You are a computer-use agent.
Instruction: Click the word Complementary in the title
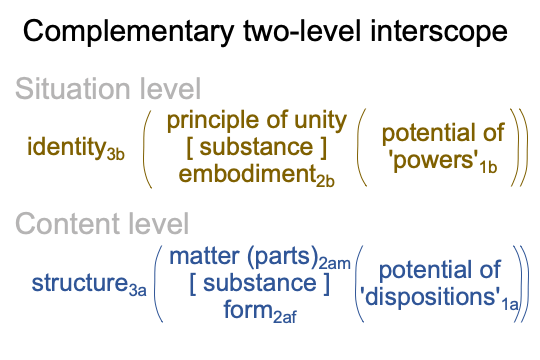click(x=128, y=32)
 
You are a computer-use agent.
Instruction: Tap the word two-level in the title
click(x=302, y=31)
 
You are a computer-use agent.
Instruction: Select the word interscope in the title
click(x=439, y=32)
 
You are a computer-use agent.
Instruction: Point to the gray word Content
click(x=69, y=224)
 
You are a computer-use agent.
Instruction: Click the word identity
click(x=66, y=147)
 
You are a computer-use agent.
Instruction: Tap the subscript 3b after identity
click(x=116, y=154)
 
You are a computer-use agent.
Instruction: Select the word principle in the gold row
click(x=212, y=122)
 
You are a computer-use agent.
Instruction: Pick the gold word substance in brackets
click(x=257, y=147)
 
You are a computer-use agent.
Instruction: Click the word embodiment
click(x=247, y=174)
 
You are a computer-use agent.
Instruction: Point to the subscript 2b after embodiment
click(x=325, y=182)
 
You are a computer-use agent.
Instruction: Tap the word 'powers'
click(x=434, y=161)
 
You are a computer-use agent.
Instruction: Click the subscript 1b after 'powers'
click(x=488, y=167)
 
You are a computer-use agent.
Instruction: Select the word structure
click(x=80, y=283)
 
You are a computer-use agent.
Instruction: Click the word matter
click(x=205, y=257)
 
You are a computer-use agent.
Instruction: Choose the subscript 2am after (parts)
click(x=334, y=264)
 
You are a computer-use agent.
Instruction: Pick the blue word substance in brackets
click(x=260, y=283)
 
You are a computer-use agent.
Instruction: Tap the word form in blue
click(x=248, y=309)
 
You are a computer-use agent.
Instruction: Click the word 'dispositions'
click(x=430, y=297)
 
